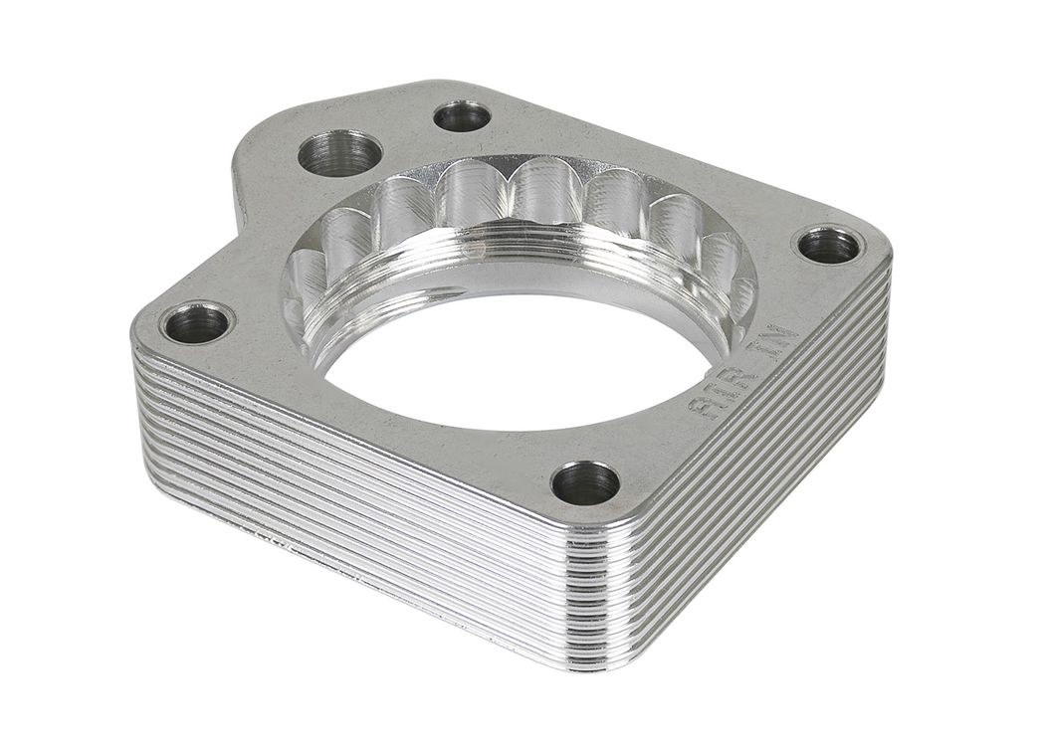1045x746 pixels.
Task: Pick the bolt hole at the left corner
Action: click(197, 323)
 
